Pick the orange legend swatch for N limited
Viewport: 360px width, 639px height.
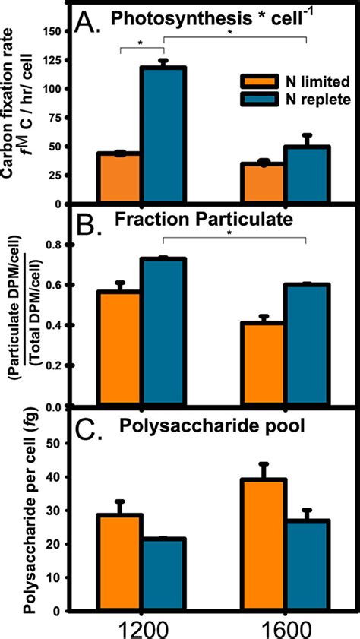pyautogui.click(x=256, y=81)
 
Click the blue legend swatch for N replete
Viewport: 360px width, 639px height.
pyautogui.click(x=256, y=99)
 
